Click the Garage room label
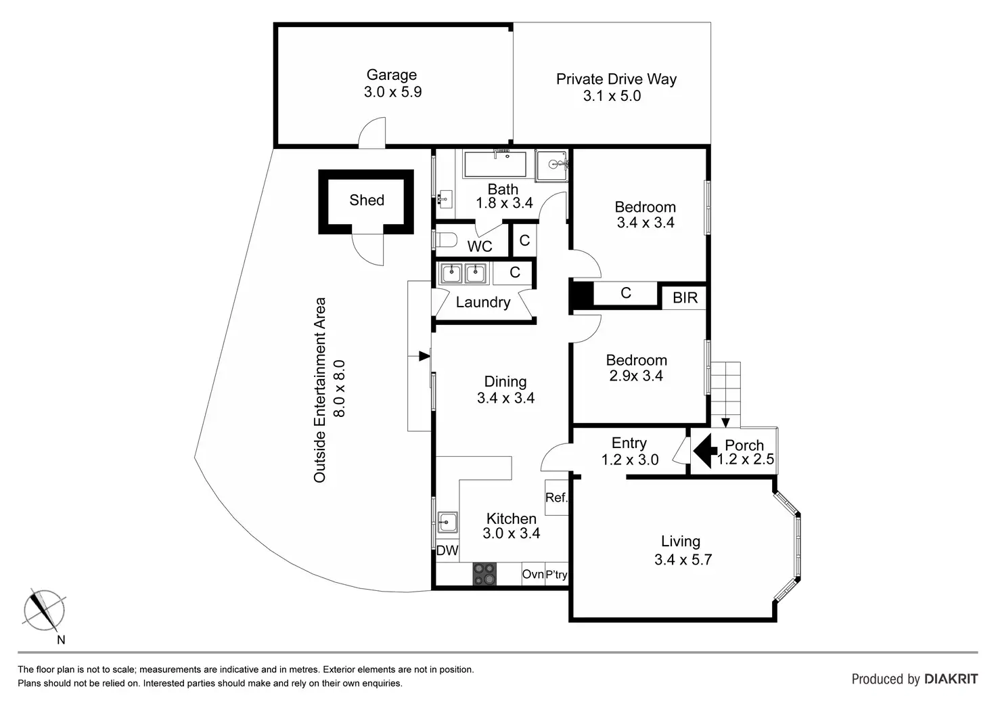[391, 74]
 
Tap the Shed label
[366, 200]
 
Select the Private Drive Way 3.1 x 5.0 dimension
[612, 95]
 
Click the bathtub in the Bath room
[495, 164]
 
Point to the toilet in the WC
[446, 240]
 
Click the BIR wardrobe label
[685, 298]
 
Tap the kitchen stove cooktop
[484, 574]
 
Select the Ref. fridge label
[556, 498]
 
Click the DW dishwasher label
[447, 550]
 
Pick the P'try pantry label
[556, 575]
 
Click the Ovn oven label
[533, 574]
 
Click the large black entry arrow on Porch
[705, 451]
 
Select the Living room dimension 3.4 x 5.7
[683, 559]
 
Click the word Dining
[505, 382]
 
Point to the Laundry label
[483, 303]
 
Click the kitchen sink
[447, 522]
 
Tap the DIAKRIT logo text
[951, 679]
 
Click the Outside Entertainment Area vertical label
[319, 390]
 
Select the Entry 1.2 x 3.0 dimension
[630, 460]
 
